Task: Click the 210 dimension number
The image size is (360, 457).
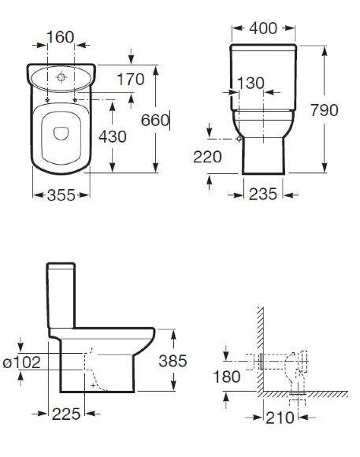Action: [x=282, y=418]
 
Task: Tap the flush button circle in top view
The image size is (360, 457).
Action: [x=63, y=77]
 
